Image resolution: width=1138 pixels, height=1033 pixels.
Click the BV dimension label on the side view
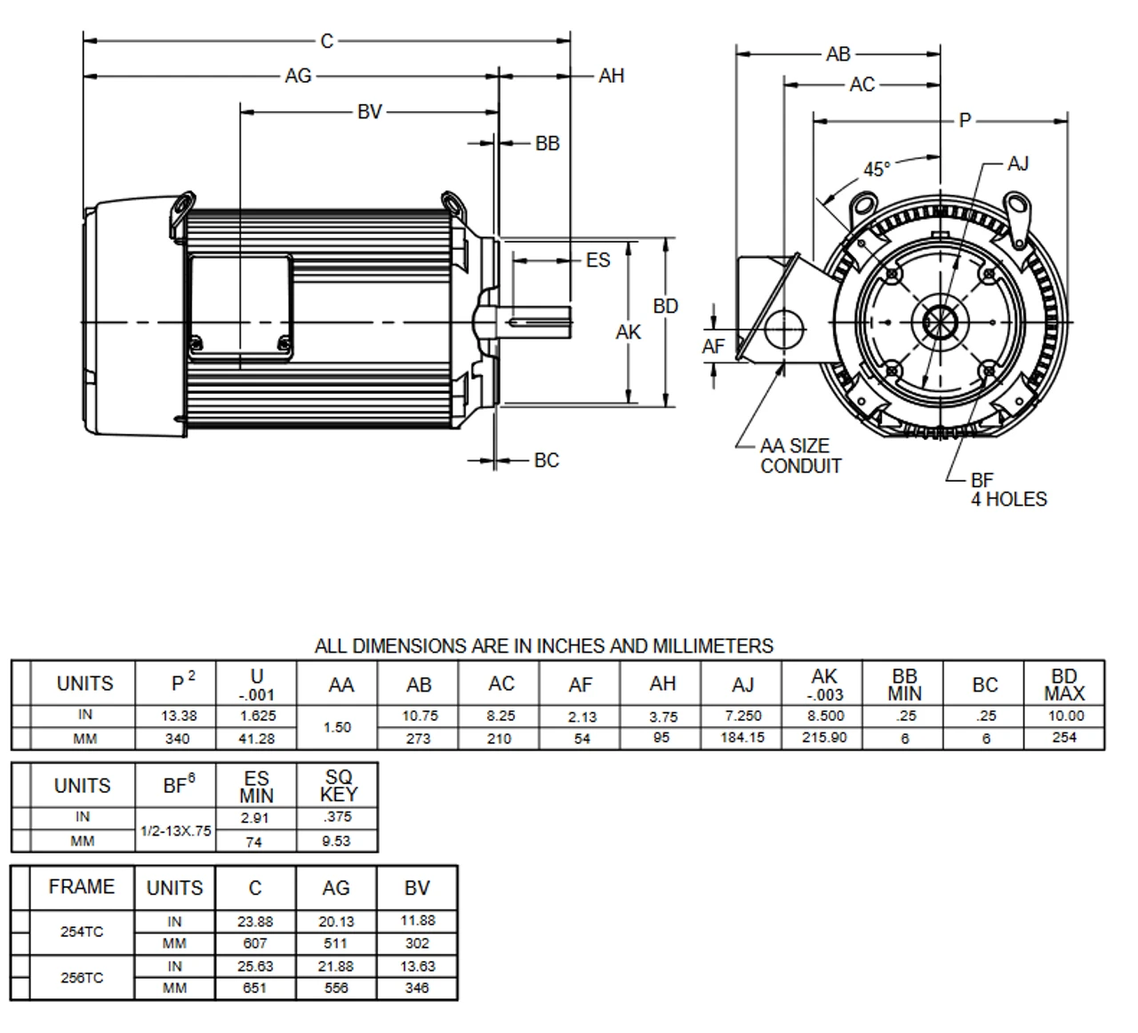[x=369, y=111]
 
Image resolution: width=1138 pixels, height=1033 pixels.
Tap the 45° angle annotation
[x=876, y=169]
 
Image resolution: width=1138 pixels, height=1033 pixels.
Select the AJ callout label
[x=1017, y=164]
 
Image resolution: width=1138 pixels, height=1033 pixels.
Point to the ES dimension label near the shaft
[x=597, y=260]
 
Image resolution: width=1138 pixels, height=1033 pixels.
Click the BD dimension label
[x=665, y=306]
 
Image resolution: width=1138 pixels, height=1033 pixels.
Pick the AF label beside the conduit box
[x=713, y=346]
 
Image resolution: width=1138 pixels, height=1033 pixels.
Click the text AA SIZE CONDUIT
[x=800, y=456]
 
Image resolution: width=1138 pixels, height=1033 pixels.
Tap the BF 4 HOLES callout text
[x=1007, y=490]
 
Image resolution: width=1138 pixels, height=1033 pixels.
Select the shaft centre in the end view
[x=939, y=321]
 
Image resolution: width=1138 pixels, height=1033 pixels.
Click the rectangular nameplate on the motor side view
[x=239, y=308]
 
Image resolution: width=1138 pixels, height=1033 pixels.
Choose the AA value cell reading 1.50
[x=337, y=727]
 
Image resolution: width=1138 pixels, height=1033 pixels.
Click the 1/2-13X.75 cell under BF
[x=175, y=830]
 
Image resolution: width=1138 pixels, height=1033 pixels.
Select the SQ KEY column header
[x=338, y=786]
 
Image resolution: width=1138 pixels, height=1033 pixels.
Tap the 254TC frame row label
[x=82, y=932]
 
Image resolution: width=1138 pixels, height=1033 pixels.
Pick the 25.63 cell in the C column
[x=254, y=966]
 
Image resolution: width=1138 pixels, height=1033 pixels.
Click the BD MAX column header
[x=1063, y=685]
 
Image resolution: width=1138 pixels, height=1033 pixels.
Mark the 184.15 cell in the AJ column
[x=742, y=737]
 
